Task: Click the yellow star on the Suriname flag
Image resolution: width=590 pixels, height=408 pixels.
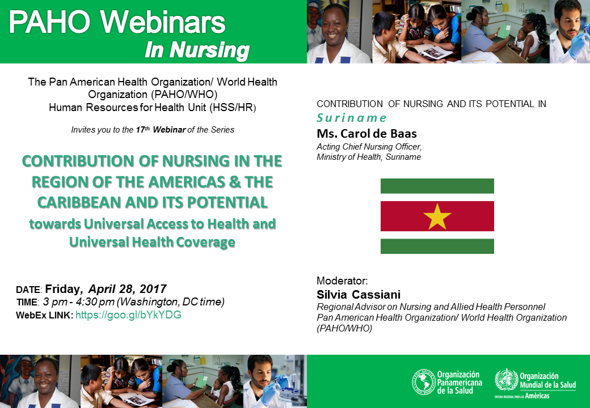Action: click(x=437, y=216)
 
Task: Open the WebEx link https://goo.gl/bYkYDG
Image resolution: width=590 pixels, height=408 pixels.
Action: click(x=128, y=315)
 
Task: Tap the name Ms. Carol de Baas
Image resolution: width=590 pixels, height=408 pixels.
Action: click(x=366, y=133)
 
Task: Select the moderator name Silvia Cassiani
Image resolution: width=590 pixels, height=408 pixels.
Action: click(x=358, y=294)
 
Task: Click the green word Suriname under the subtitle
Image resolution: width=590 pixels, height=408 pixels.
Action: click(x=351, y=118)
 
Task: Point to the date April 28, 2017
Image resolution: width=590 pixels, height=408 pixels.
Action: click(x=127, y=288)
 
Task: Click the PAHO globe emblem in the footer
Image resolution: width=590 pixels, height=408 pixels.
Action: click(x=423, y=382)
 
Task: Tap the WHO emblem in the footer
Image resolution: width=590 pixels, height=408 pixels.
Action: click(x=506, y=380)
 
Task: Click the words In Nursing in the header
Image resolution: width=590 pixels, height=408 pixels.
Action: click(x=197, y=50)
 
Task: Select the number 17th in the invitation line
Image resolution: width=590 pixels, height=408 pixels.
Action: click(x=142, y=130)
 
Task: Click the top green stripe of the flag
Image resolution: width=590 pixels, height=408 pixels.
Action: click(x=437, y=186)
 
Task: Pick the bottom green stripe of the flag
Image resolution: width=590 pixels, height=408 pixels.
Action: click(x=437, y=246)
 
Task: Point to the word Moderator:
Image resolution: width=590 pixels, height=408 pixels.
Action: click(x=342, y=280)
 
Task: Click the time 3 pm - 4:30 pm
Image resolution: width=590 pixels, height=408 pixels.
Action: click(x=79, y=301)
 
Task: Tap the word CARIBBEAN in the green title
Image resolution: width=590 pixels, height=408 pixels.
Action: click(x=79, y=202)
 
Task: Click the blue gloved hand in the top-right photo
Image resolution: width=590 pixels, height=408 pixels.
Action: click(x=577, y=44)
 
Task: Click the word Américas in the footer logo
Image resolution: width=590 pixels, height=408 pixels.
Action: click(x=537, y=396)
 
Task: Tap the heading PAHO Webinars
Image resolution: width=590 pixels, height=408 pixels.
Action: click(x=117, y=22)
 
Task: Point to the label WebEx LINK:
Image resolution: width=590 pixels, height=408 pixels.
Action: click(x=44, y=315)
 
